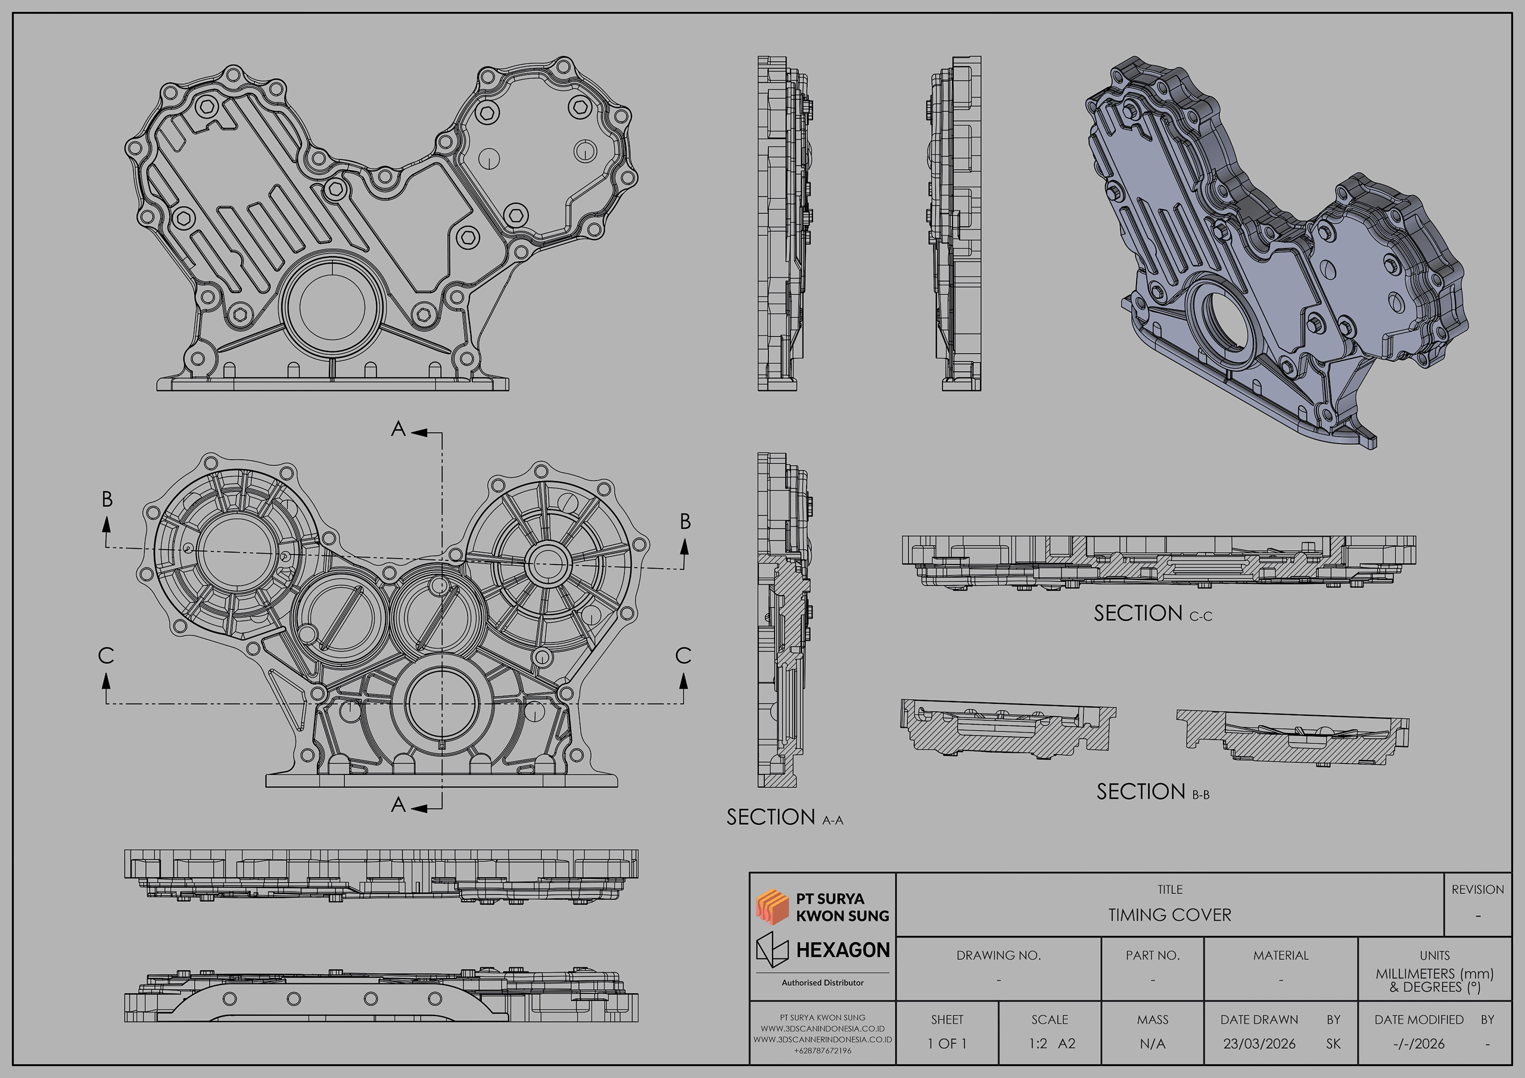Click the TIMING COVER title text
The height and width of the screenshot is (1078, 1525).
coord(1169,915)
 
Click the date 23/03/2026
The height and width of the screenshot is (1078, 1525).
coord(1259,1043)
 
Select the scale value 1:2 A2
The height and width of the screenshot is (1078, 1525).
coord(1051,1043)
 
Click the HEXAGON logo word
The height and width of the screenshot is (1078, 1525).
coord(842,950)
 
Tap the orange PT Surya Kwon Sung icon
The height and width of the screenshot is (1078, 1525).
coord(772,906)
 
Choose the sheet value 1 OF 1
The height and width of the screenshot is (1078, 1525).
coord(947,1043)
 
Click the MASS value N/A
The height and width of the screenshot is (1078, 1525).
coord(1152,1043)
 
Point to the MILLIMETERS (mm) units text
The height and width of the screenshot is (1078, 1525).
coord(1434,974)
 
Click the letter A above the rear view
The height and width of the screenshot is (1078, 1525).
coord(398,429)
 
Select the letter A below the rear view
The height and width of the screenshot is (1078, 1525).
coord(398,805)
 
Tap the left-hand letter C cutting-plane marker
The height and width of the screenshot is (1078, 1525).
coord(105,656)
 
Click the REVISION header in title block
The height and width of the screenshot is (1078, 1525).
coord(1477,889)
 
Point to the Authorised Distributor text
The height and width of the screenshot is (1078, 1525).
coord(822,982)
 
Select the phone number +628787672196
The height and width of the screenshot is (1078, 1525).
coord(822,1051)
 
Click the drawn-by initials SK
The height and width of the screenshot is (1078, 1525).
coord(1333,1043)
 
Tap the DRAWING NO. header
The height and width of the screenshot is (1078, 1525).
coord(998,955)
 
